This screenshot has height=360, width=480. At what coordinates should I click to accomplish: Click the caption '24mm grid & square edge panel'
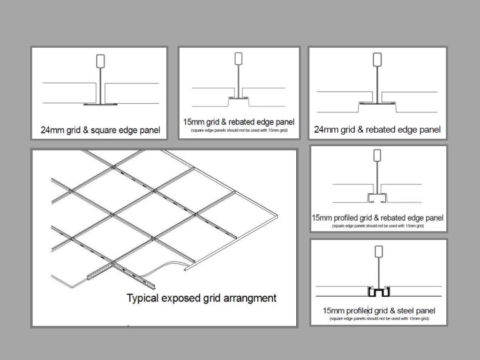tap(100, 130)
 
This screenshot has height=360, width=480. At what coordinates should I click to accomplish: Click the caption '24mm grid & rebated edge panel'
tap(377, 129)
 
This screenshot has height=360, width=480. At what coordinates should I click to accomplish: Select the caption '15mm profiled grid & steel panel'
tap(379, 311)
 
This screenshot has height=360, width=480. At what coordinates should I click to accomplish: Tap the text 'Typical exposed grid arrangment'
tap(202, 298)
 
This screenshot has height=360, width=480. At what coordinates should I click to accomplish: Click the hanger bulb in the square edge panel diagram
tap(100, 61)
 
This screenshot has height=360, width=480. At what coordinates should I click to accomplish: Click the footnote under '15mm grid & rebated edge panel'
tap(239, 130)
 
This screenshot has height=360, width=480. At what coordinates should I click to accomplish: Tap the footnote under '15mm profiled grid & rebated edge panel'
tap(378, 226)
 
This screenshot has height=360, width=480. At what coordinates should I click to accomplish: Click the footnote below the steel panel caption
tap(379, 319)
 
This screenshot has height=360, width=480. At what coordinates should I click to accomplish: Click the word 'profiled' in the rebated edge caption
tap(345, 218)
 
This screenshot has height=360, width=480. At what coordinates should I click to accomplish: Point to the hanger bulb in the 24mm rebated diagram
tap(377, 60)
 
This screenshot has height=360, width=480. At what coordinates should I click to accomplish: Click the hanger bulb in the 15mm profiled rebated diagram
tap(377, 155)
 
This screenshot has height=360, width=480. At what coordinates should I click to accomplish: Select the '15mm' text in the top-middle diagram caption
tap(192, 122)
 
